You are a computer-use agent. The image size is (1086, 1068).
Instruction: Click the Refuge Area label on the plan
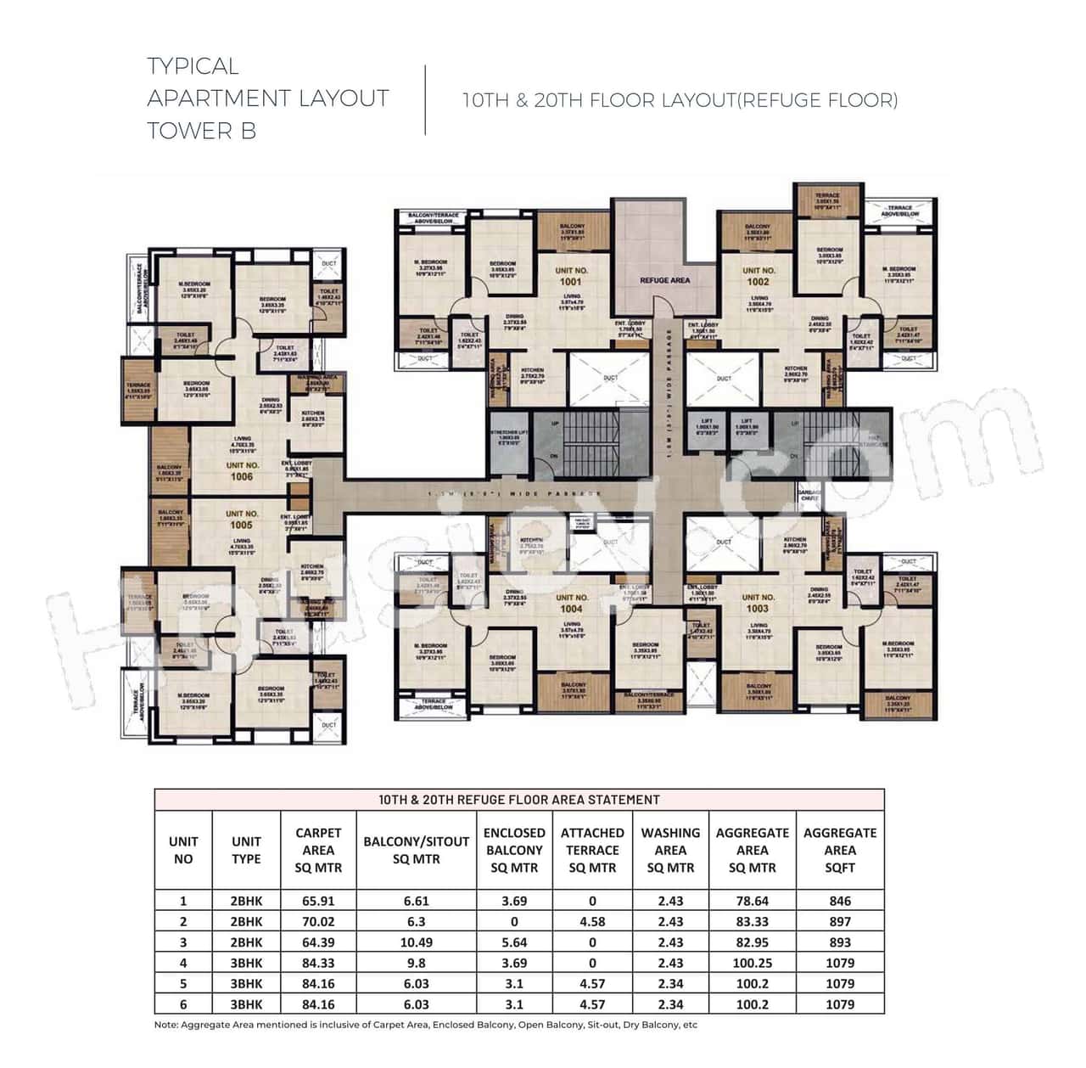pyautogui.click(x=664, y=280)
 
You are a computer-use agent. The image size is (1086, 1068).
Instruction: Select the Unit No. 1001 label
pyautogui.click(x=570, y=276)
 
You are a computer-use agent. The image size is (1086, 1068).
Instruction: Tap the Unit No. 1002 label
pyautogui.click(x=758, y=276)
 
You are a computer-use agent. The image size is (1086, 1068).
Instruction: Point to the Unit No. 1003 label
pyautogui.click(x=757, y=603)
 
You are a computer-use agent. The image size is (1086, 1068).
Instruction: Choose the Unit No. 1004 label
pyautogui.click(x=571, y=603)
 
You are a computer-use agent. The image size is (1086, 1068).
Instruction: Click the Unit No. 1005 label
pyautogui.click(x=242, y=520)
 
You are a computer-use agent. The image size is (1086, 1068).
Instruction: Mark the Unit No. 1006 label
pyautogui.click(x=242, y=471)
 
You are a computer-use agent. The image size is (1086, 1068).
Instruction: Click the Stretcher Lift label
pyautogui.click(x=508, y=435)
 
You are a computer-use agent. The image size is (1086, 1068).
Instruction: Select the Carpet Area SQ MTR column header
pyautogui.click(x=318, y=850)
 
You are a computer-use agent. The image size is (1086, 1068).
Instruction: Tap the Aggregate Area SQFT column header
pyautogui.click(x=839, y=850)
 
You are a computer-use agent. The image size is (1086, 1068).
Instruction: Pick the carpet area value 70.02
pyautogui.click(x=318, y=921)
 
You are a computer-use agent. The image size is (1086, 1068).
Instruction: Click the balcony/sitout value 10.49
pyautogui.click(x=416, y=942)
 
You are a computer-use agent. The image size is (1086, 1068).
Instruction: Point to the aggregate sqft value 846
pyautogui.click(x=839, y=901)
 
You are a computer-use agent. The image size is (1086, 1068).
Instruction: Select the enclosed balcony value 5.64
pyautogui.click(x=513, y=942)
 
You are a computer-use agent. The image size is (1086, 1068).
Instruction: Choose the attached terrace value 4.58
pyautogui.click(x=591, y=921)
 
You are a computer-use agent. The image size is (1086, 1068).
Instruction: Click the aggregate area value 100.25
pyautogui.click(x=752, y=963)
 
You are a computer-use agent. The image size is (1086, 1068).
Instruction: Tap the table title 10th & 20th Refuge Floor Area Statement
pyautogui.click(x=518, y=800)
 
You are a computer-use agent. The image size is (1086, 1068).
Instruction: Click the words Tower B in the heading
pyautogui.click(x=201, y=131)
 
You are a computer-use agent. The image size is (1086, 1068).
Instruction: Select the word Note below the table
pyautogui.click(x=165, y=1025)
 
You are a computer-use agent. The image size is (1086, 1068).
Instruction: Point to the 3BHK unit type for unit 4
pyautogui.click(x=246, y=963)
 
